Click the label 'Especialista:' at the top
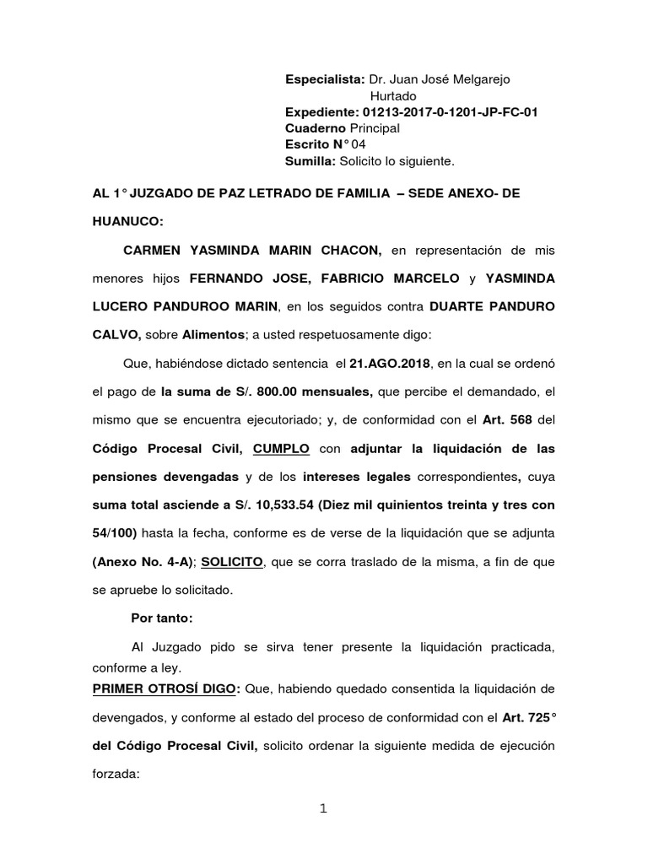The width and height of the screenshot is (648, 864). (325, 79)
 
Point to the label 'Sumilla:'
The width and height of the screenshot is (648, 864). (310, 160)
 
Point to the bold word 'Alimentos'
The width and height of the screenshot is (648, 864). (213, 335)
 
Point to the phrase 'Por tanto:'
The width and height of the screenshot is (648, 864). (162, 618)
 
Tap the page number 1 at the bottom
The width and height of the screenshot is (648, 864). (323, 809)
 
